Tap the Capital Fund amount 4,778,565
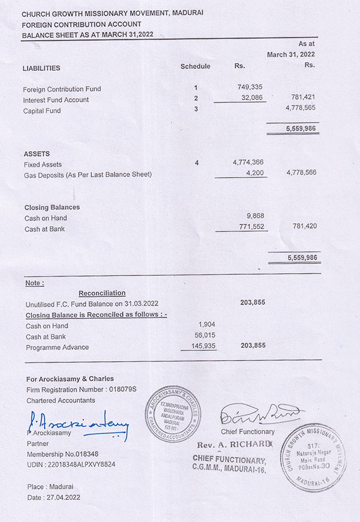coord(302,108)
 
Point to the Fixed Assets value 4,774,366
coord(248,163)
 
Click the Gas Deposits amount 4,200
coord(254,173)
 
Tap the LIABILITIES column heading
coord(41,68)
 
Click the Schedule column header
coord(196,66)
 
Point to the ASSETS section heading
coord(37,154)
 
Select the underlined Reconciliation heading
coord(102,293)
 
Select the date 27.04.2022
coord(62,497)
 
